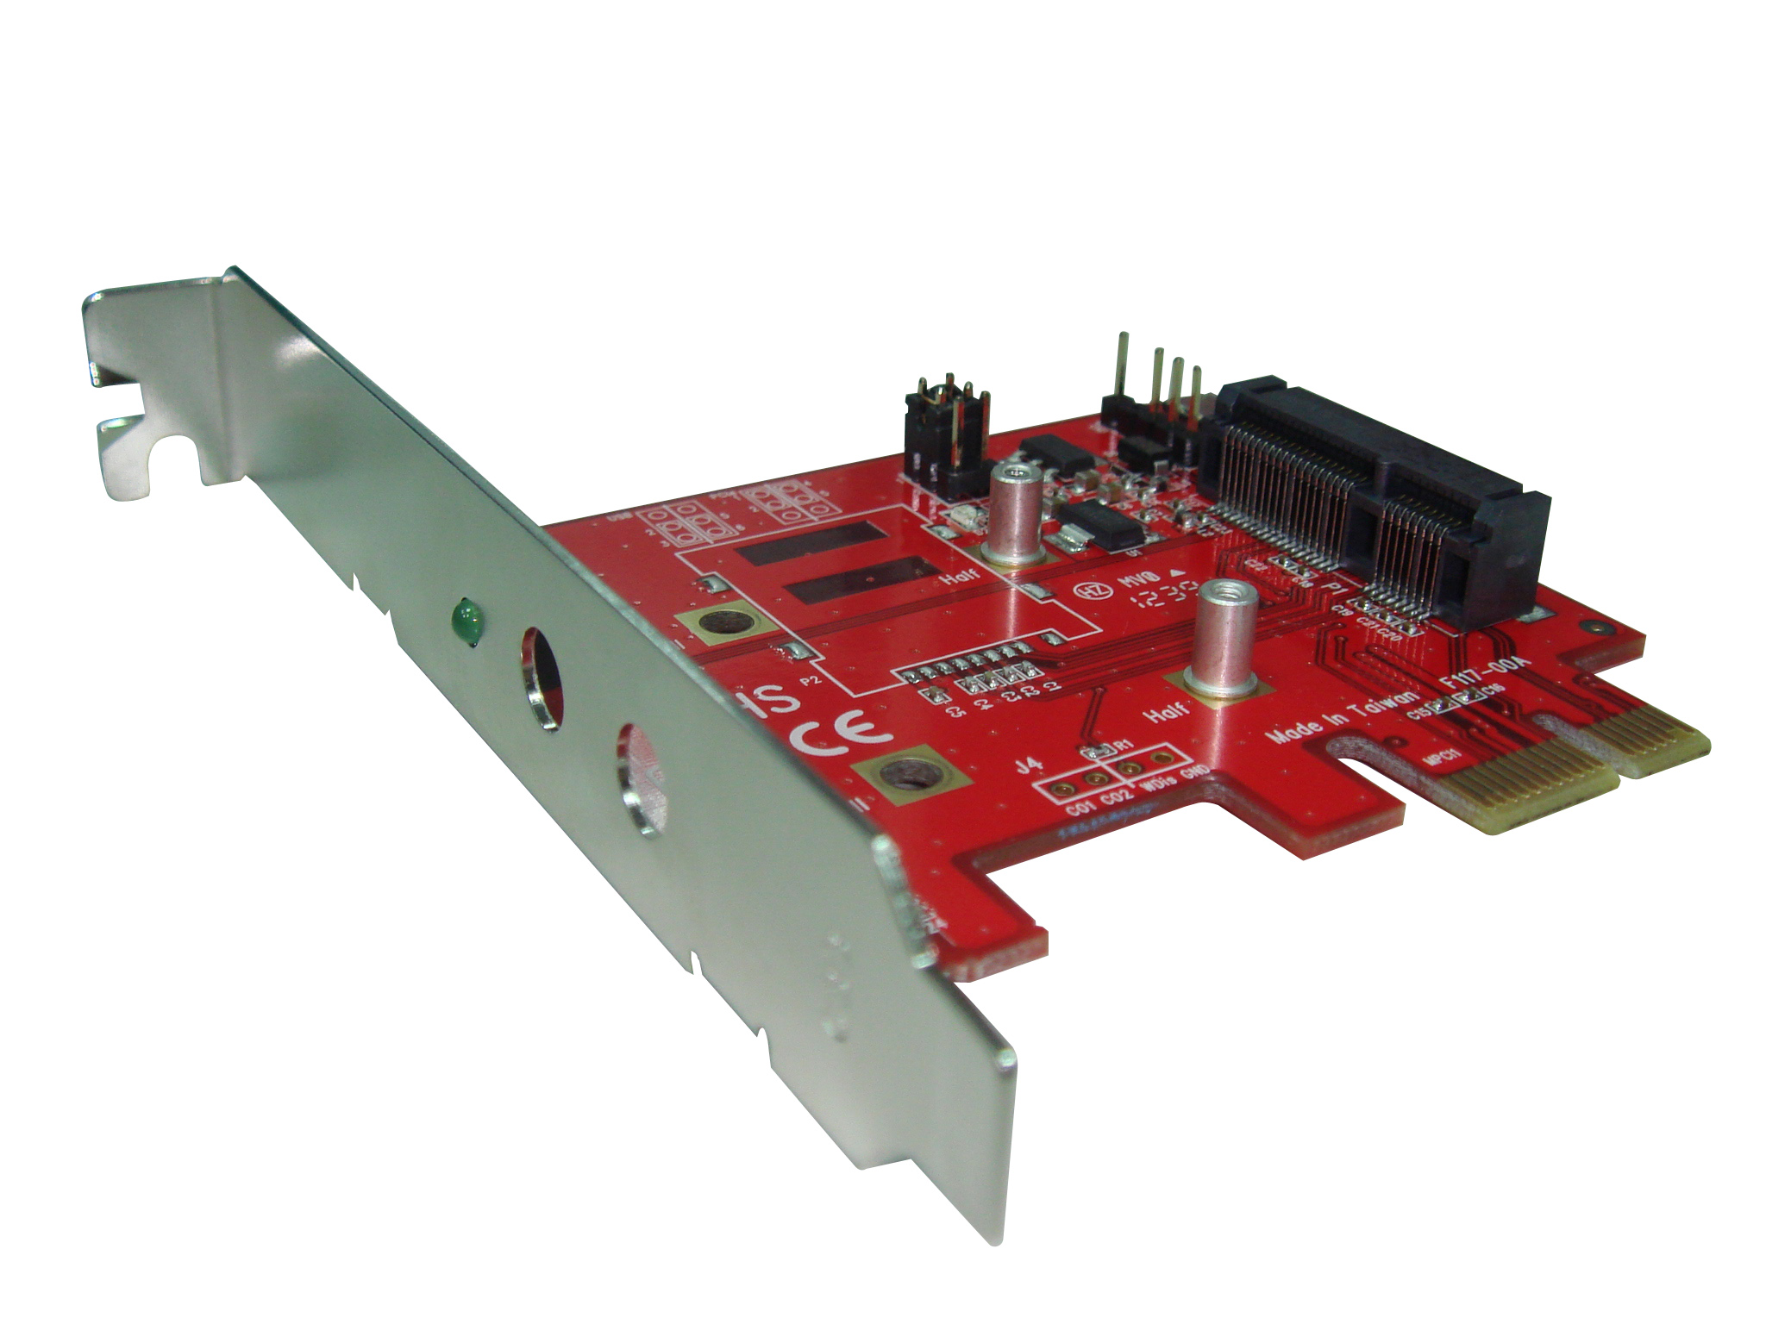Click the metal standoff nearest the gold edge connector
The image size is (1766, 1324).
pyautogui.click(x=1217, y=638)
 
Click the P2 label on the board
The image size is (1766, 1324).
pyautogui.click(x=811, y=679)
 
